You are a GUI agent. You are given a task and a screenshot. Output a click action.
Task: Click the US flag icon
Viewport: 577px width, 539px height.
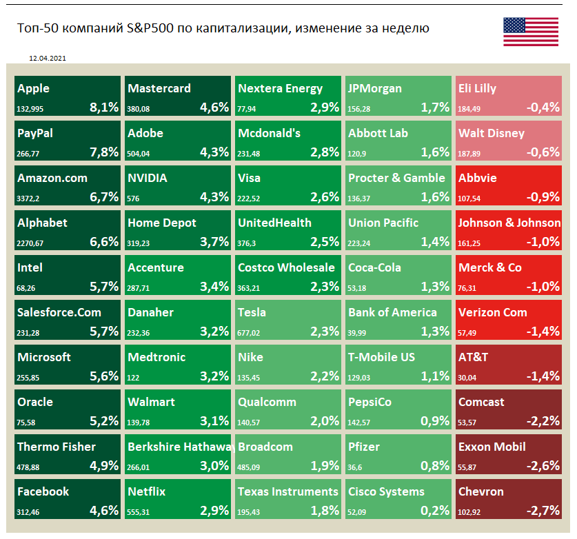[x=530, y=31]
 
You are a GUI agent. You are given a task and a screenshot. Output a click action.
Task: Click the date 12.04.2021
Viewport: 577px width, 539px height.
[x=48, y=59]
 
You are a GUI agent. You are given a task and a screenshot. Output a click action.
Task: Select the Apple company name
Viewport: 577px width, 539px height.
[x=33, y=88]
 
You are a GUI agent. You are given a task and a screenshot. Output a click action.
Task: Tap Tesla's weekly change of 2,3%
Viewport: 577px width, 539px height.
[x=325, y=331]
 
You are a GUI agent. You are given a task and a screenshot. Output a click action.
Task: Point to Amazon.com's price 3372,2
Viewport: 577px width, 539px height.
[x=30, y=198]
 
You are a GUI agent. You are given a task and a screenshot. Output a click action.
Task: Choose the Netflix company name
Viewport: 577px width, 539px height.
[x=146, y=491]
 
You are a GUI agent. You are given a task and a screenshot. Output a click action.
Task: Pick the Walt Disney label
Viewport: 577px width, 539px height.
[x=492, y=133]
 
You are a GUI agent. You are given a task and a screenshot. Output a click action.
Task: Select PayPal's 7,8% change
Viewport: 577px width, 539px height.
[x=104, y=152]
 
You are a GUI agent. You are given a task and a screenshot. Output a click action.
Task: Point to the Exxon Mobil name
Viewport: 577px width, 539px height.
[x=492, y=447]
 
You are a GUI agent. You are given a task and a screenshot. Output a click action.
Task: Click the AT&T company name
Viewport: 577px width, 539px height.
[x=473, y=357]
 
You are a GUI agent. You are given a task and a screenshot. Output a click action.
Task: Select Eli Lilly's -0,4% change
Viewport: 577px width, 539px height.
[x=543, y=107]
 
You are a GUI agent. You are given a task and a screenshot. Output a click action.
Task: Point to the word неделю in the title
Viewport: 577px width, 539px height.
[x=401, y=28]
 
